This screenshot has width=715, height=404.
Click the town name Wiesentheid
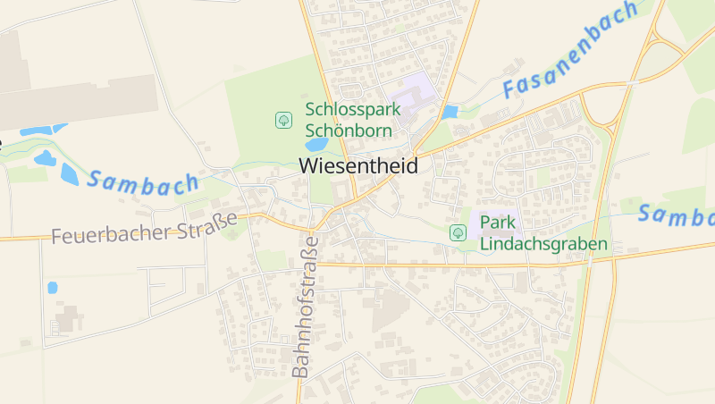(x=357, y=165)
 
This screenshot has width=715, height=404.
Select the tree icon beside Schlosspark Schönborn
(x=283, y=119)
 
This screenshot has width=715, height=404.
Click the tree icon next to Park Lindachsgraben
(x=458, y=232)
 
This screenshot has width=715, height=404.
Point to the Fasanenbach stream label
(x=569, y=50)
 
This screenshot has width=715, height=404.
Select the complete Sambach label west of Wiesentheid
(x=143, y=181)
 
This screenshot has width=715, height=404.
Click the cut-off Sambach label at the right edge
(x=677, y=216)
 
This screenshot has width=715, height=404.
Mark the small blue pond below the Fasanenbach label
(x=450, y=113)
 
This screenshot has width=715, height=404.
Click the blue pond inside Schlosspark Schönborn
(x=316, y=144)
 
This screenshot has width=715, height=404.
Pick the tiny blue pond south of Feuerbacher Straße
(x=52, y=288)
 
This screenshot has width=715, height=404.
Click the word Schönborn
(x=344, y=130)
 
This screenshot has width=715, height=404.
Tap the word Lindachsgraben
(x=543, y=243)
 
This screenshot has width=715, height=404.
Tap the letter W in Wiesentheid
(x=307, y=165)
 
